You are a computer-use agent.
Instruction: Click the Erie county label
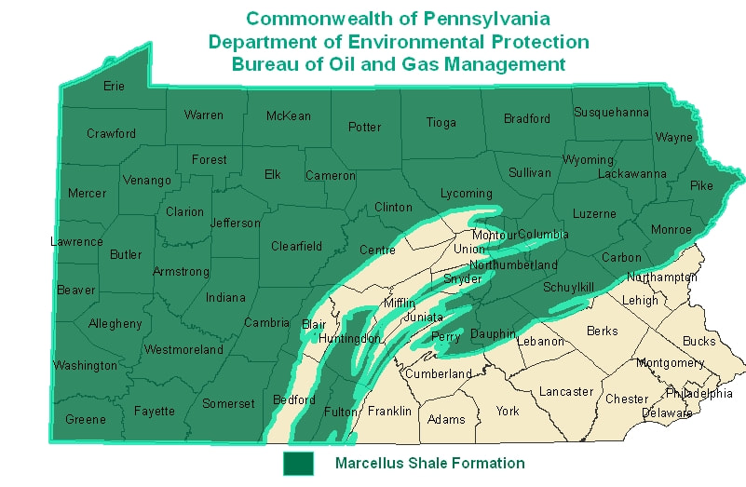[x=113, y=86]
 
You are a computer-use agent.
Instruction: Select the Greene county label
[x=85, y=419]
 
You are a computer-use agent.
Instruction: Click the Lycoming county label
[x=466, y=193]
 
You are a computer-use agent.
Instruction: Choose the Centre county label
[x=377, y=250]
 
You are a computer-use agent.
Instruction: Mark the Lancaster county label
[x=565, y=391]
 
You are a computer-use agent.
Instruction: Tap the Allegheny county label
[x=115, y=323]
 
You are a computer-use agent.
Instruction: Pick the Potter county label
[x=364, y=127]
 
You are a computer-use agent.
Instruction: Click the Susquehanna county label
[x=610, y=113]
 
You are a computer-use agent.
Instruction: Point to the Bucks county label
[x=699, y=341]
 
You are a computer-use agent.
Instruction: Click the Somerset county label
[x=228, y=403]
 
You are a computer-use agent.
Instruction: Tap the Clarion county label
[x=184, y=211]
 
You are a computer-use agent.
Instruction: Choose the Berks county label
[x=602, y=331]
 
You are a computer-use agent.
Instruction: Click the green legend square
[x=298, y=463]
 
